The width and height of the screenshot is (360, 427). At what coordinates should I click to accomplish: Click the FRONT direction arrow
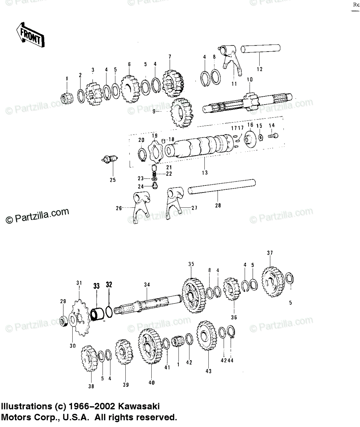pos(30,35)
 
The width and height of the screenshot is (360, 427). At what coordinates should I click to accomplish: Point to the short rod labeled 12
pos(261,49)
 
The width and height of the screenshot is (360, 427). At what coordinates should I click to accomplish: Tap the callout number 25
pos(113,180)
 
